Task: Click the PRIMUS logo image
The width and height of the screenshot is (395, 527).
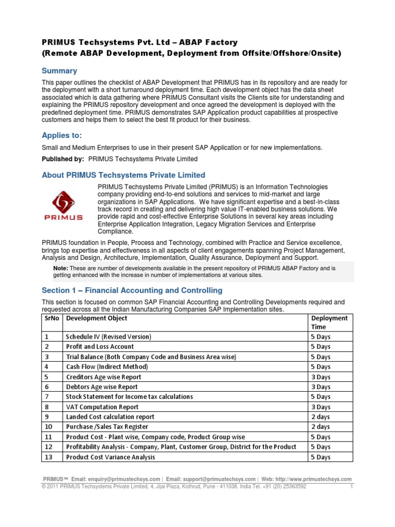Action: (67, 205)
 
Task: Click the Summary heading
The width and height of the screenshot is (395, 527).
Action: (59, 71)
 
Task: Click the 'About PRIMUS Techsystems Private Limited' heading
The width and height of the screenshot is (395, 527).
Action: (123, 175)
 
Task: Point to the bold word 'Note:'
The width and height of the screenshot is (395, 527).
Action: (61, 268)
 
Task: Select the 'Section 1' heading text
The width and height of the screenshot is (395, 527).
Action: (132, 290)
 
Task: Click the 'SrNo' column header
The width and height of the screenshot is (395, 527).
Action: (51, 318)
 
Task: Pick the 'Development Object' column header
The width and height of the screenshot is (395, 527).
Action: (97, 318)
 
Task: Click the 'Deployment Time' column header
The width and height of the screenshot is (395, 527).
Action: (329, 322)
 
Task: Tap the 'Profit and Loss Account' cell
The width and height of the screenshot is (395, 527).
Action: (100, 347)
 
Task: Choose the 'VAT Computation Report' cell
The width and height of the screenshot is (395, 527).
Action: (102, 407)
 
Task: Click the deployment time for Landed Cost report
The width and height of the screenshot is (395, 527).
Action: (320, 417)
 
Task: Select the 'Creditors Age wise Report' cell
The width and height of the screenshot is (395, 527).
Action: (103, 377)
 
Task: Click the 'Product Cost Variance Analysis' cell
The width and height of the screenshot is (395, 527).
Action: (111, 457)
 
